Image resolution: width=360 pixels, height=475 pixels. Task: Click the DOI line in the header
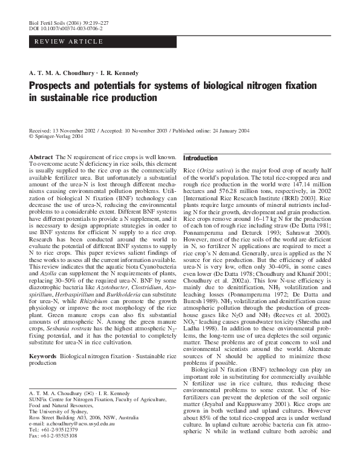click(66, 28)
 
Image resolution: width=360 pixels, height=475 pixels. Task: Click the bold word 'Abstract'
click(41, 157)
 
